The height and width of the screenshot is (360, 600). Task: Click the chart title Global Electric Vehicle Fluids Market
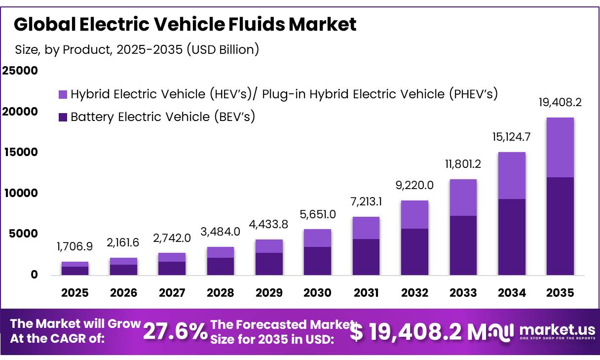185,24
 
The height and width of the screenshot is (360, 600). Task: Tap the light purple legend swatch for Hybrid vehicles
63,94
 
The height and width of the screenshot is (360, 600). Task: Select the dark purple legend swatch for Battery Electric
63,118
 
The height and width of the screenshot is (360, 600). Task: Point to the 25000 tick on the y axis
20,71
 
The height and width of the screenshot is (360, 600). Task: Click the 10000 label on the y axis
20,193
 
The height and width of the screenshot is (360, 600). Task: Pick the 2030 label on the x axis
317,293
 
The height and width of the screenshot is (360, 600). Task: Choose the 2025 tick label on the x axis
75,293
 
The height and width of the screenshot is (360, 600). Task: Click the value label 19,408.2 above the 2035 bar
560,103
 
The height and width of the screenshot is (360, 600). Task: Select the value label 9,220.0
414,185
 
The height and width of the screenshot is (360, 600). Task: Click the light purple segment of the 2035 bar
560,147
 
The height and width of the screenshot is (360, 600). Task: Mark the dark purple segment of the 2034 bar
512,237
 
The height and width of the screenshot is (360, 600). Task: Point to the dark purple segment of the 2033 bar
463,245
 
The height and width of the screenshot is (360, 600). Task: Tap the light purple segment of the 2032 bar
414,214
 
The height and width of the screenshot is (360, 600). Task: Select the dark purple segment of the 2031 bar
366,257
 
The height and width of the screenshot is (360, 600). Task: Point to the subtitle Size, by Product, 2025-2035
137,49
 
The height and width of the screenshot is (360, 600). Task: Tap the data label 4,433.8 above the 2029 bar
269,224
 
